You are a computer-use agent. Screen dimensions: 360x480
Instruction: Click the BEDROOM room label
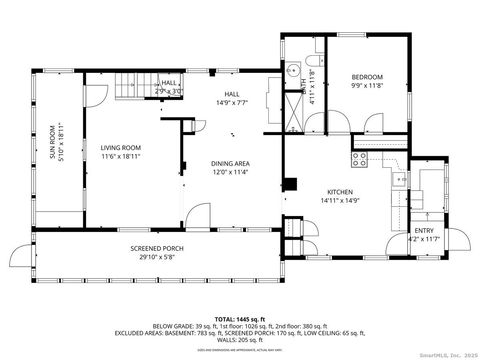366,76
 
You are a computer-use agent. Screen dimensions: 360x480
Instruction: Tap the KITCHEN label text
341,191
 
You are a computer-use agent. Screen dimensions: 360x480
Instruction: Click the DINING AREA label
229,162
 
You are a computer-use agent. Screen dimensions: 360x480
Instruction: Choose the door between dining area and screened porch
197,216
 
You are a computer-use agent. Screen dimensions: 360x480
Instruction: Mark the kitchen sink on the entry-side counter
399,180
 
